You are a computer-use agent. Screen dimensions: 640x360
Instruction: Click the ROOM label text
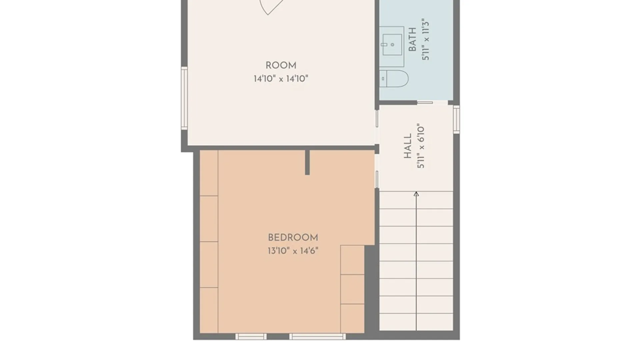point(281,65)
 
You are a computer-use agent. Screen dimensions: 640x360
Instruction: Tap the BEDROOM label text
point(293,238)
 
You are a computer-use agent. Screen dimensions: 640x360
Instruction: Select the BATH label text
point(412,39)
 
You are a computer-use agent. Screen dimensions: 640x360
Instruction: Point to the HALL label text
point(408,146)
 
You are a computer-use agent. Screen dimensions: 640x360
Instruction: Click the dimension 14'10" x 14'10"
point(281,79)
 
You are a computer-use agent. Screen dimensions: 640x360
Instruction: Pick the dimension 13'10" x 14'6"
point(293,251)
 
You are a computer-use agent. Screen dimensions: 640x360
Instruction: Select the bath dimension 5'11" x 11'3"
point(425,39)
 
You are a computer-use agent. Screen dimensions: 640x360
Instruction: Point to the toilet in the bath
point(394,79)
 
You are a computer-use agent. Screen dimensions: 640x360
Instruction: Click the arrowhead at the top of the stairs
point(416,194)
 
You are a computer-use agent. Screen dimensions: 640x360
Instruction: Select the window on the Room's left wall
point(184,98)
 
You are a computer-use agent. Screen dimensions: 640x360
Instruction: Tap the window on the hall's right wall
point(456,119)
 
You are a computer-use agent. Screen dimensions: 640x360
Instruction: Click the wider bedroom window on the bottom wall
point(317,337)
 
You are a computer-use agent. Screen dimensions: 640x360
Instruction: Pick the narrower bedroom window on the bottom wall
point(251,337)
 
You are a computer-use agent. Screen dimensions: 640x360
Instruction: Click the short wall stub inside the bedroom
point(307,162)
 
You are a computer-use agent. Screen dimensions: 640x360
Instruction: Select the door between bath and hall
point(425,103)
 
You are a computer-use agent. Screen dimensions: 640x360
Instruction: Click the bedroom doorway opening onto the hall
point(377,171)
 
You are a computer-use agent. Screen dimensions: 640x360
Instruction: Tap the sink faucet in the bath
point(384,44)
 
